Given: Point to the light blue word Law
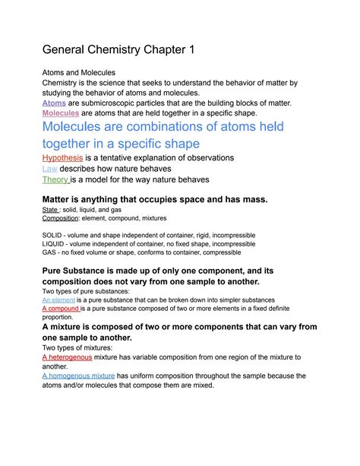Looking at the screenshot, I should click(49, 168).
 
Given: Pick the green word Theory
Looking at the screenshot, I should click(55, 180).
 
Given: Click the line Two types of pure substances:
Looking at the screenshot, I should click(87, 292).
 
